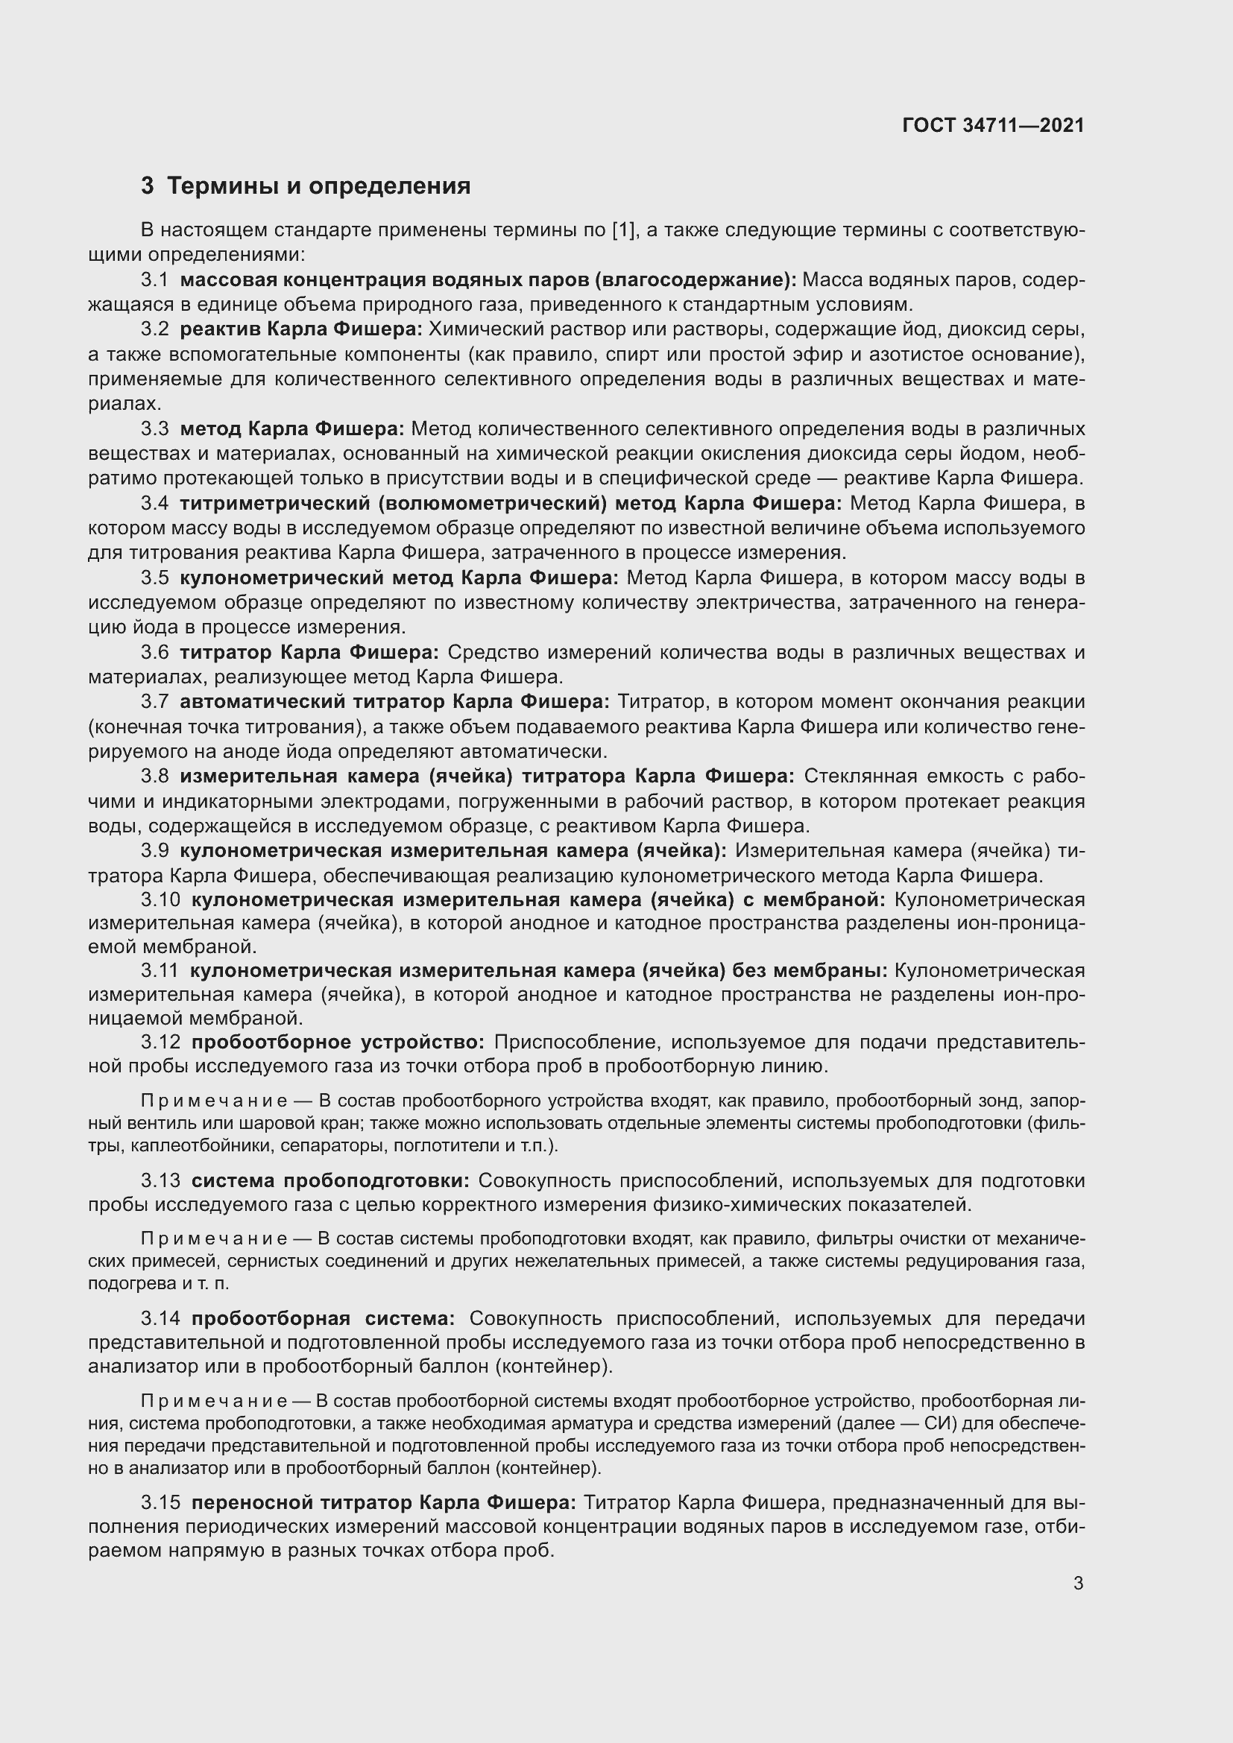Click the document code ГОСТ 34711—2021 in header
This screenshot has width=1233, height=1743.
993,125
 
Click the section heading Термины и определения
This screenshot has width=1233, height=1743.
318,186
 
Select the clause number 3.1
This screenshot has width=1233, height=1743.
154,280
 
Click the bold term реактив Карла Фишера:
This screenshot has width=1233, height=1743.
300,329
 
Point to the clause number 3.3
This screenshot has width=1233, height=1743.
154,429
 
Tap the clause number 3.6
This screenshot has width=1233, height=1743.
154,652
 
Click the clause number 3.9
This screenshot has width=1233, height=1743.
154,850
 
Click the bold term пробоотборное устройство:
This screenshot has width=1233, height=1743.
338,1042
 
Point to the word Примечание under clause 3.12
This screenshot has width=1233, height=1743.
213,1101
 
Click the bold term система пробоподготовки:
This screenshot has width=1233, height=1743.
330,1180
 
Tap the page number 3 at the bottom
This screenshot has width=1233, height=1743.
1078,1584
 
